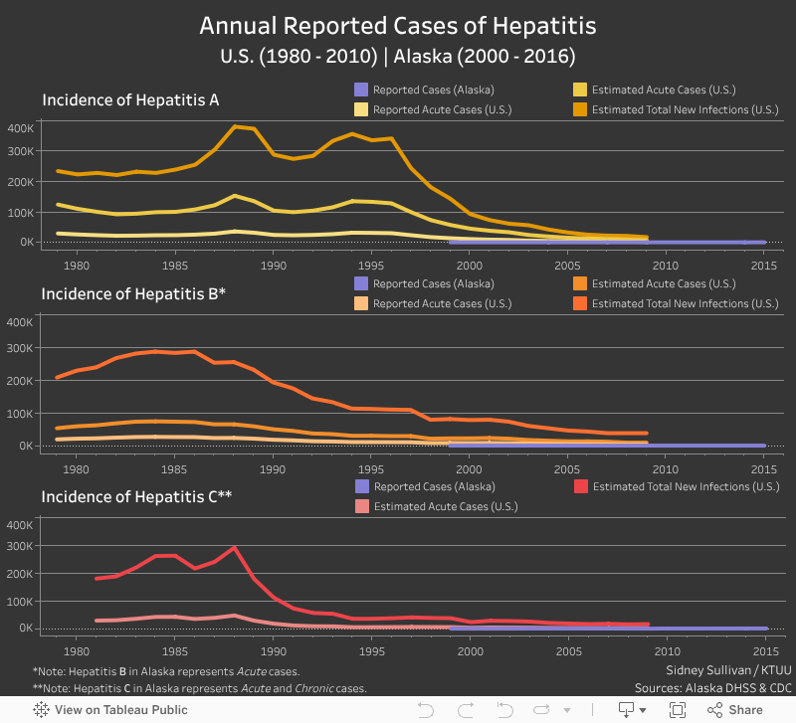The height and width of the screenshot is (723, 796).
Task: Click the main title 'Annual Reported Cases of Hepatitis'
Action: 398,25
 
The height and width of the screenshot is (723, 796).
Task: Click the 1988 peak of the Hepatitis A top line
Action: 234,126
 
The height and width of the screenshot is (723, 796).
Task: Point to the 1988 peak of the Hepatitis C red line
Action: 234,547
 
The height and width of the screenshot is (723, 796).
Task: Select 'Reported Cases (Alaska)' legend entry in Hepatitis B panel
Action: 433,283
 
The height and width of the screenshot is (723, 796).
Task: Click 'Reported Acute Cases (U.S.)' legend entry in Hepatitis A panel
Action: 442,109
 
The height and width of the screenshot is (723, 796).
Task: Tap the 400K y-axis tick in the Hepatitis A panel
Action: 21,128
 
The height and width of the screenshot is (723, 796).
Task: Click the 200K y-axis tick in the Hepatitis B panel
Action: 21,381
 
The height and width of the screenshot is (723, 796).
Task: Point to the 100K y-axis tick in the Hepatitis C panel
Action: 21,602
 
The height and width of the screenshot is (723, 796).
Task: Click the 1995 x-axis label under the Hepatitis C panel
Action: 371,651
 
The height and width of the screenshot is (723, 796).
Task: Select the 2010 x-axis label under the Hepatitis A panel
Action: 666,267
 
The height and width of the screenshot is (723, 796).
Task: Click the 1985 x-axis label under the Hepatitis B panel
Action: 175,468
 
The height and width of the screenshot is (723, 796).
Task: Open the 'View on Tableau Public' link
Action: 110,710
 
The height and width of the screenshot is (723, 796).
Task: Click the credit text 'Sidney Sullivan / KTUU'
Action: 728,669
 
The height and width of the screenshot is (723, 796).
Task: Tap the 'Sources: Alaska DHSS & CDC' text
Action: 713,688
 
